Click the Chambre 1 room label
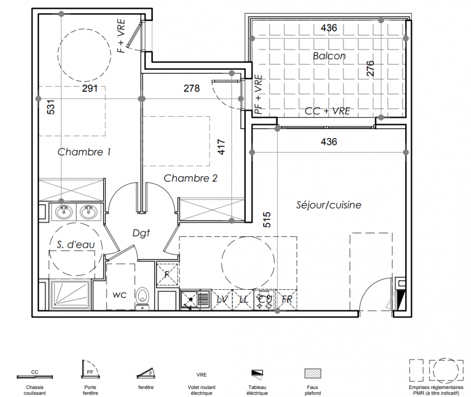[x=84, y=152]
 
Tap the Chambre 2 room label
[x=191, y=178]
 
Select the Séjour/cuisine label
[x=329, y=205]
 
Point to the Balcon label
[x=329, y=56]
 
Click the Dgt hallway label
[x=141, y=233]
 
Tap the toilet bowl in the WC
[x=142, y=298]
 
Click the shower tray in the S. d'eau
[x=70, y=295]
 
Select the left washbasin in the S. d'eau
[x=64, y=212]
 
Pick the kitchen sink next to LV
[x=195, y=299]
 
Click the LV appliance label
[x=222, y=299]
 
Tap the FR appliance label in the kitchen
[x=287, y=299]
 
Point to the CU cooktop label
[x=265, y=299]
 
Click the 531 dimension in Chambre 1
[x=51, y=107]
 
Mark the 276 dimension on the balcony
[x=370, y=68]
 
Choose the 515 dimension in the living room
[x=267, y=220]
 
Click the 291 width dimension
[x=90, y=88]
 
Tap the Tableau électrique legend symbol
[x=257, y=373]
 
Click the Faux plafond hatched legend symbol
[x=313, y=373]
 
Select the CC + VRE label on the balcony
[x=327, y=111]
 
